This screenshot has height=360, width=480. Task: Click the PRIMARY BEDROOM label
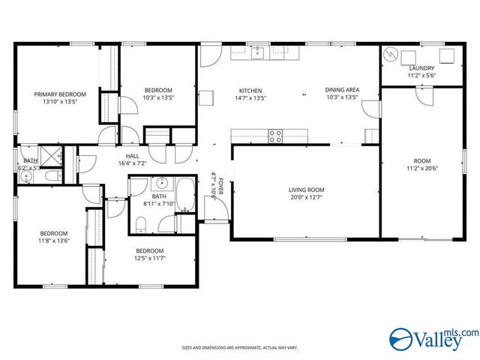tap(60, 94)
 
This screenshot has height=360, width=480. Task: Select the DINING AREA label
tap(342, 89)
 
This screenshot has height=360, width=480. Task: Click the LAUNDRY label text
tap(421, 67)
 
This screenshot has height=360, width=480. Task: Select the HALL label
tap(132, 156)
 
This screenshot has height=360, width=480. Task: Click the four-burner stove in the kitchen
tap(275, 136)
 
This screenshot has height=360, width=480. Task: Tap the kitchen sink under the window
tap(259, 52)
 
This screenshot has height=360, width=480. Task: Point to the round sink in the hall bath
tap(160, 184)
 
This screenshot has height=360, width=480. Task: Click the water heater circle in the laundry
tap(391, 56)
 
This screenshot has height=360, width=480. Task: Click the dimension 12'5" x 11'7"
tap(150, 258)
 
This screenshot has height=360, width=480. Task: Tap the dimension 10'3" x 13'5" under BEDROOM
tap(158, 97)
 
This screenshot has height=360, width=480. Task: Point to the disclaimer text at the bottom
tap(239, 348)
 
